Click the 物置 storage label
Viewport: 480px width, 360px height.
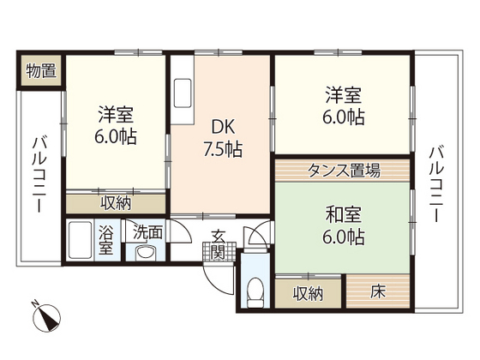click(40, 70)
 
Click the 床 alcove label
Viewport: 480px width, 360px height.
click(378, 292)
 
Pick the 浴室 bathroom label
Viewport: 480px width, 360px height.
click(106, 240)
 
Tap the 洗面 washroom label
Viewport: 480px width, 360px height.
click(144, 231)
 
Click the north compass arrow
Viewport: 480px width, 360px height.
click(44, 318)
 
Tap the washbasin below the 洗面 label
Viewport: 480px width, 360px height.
click(144, 252)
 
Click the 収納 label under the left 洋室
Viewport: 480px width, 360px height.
click(117, 204)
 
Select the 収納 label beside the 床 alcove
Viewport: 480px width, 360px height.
click(309, 292)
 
